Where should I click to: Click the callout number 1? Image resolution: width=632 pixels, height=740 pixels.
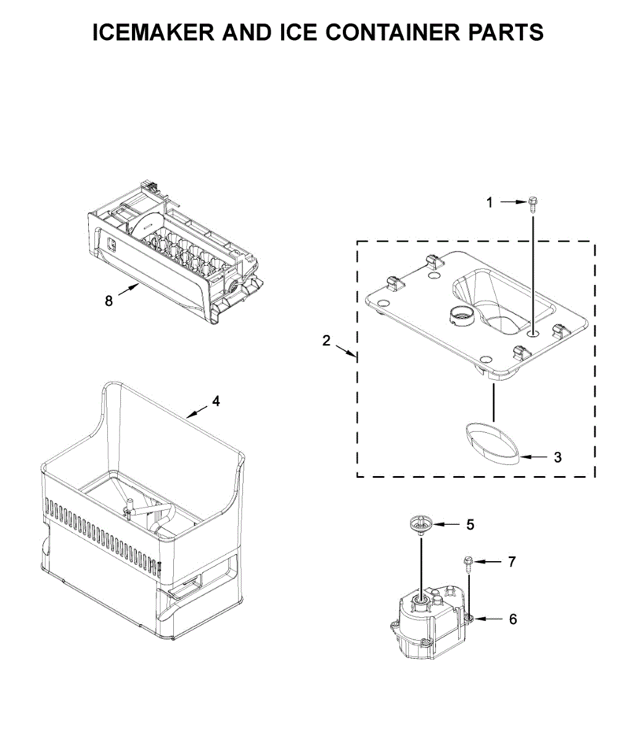pyautogui.click(x=490, y=202)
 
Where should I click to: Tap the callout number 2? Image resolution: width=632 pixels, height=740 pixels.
pyautogui.click(x=327, y=340)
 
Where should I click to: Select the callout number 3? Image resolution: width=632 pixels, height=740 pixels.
pyautogui.click(x=557, y=458)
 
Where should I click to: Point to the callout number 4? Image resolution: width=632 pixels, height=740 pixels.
pyautogui.click(x=216, y=401)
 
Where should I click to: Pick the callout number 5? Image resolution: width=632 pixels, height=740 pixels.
pyautogui.click(x=470, y=525)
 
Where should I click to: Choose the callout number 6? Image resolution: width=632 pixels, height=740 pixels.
pyautogui.click(x=513, y=619)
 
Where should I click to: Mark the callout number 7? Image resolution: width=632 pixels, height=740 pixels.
pyautogui.click(x=512, y=562)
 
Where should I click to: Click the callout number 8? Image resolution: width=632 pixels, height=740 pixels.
pyautogui.click(x=109, y=302)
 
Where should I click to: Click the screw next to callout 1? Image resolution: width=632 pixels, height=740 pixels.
pyautogui.click(x=532, y=204)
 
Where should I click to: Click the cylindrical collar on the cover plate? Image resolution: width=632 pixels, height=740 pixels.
pyautogui.click(x=461, y=316)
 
